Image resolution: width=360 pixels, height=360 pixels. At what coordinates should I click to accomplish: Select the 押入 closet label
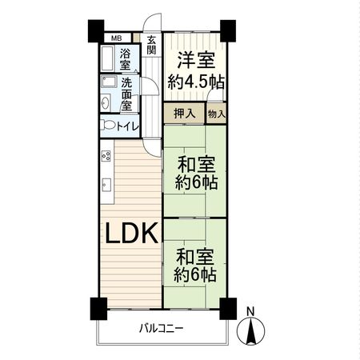pyautogui.click(x=184, y=114)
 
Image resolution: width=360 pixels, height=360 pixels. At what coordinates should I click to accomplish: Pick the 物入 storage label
pyautogui.click(x=216, y=114)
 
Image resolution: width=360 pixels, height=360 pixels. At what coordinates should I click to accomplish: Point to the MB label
pyautogui.click(x=116, y=38)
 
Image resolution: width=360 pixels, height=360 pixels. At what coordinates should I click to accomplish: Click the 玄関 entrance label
pyautogui.click(x=151, y=46)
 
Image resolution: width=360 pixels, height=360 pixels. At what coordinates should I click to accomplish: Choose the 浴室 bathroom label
pyautogui.click(x=126, y=61)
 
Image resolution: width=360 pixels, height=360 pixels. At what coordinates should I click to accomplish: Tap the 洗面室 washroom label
pyautogui.click(x=126, y=93)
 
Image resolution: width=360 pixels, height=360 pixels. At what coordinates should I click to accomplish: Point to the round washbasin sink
pyautogui.click(x=107, y=102)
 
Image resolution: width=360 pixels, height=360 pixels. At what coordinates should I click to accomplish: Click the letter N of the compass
pyautogui.click(x=250, y=311)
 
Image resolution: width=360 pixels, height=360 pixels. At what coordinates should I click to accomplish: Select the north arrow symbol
pyautogui.click(x=250, y=330)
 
